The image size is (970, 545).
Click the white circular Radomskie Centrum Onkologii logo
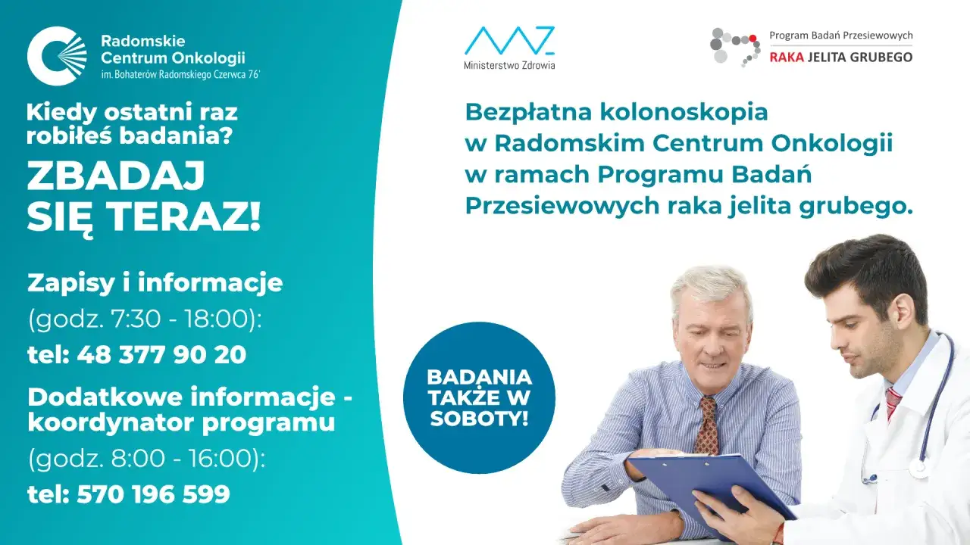[57, 55]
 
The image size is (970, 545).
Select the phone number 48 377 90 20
[161, 355]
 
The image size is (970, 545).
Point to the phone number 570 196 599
[153, 494]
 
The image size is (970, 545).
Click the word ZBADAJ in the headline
[116, 177]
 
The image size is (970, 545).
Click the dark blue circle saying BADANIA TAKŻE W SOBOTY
[479, 397]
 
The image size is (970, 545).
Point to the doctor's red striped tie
[893, 402]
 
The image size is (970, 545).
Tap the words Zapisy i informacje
[155, 283]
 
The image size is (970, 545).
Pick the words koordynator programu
[181, 422]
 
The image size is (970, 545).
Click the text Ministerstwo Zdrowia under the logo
[509, 65]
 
